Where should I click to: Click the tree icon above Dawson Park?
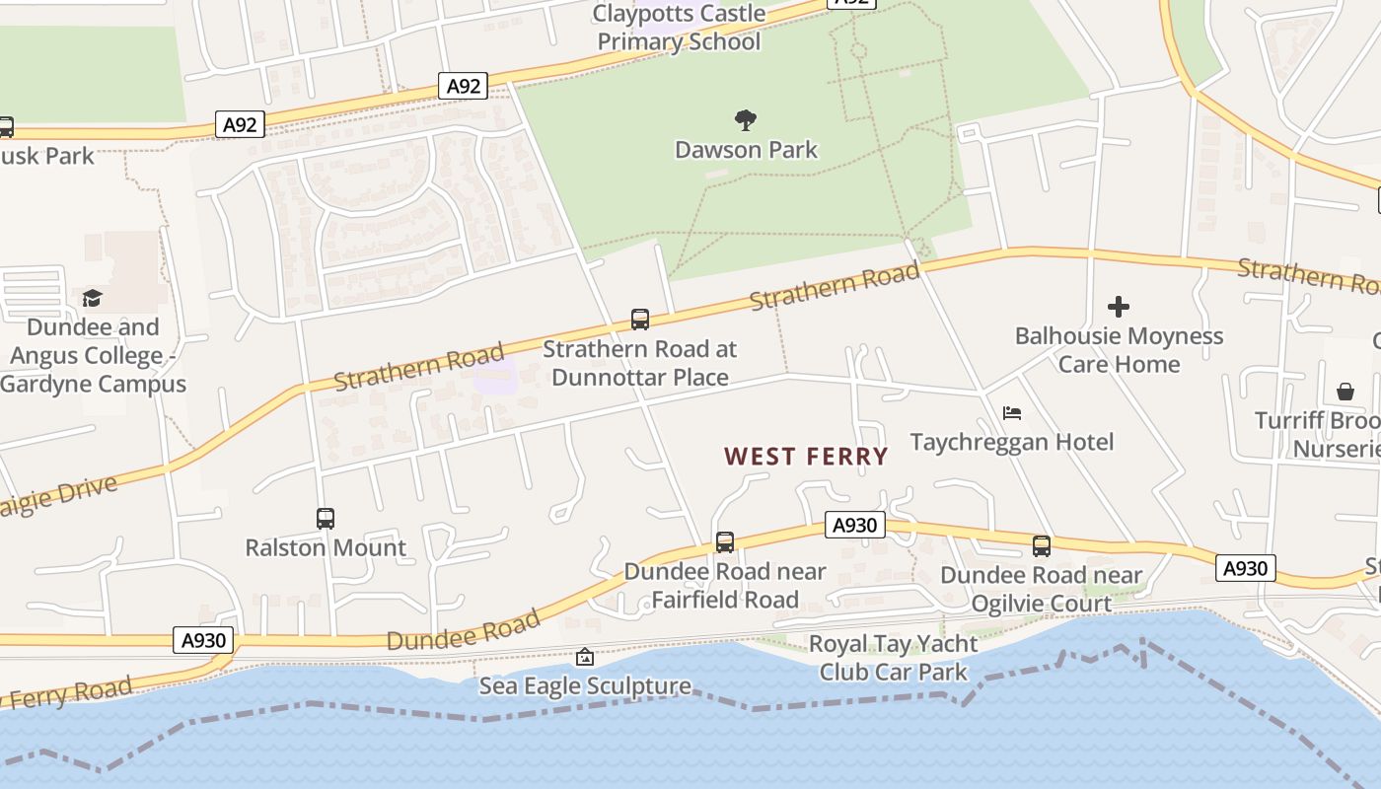pyautogui.click(x=746, y=120)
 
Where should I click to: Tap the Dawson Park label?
pyautogui.click(x=746, y=150)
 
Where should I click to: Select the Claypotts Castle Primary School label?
pyautogui.click(x=680, y=28)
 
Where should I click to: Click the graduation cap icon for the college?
pyautogui.click(x=92, y=298)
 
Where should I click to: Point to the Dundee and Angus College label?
pyautogui.click(x=93, y=356)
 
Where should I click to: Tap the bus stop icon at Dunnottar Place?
pyautogui.click(x=640, y=320)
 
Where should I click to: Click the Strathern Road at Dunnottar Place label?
pyautogui.click(x=639, y=363)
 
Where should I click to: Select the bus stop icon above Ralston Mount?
pyautogui.click(x=326, y=519)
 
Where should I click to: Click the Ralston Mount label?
pyautogui.click(x=326, y=548)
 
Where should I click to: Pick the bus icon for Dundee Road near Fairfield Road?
pyautogui.click(x=725, y=541)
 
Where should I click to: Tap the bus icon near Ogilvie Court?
pyautogui.click(x=1042, y=545)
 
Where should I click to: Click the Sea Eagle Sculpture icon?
pyautogui.click(x=585, y=657)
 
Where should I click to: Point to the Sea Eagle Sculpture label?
pyautogui.click(x=585, y=685)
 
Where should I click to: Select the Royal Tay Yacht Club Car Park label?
pyautogui.click(x=894, y=658)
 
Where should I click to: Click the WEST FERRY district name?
pyautogui.click(x=806, y=457)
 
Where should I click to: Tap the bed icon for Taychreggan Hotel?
pyautogui.click(x=1012, y=412)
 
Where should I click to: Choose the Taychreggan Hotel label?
pyautogui.click(x=1012, y=442)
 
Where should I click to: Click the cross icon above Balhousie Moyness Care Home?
pyautogui.click(x=1119, y=307)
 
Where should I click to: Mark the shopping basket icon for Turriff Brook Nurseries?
pyautogui.click(x=1345, y=392)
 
